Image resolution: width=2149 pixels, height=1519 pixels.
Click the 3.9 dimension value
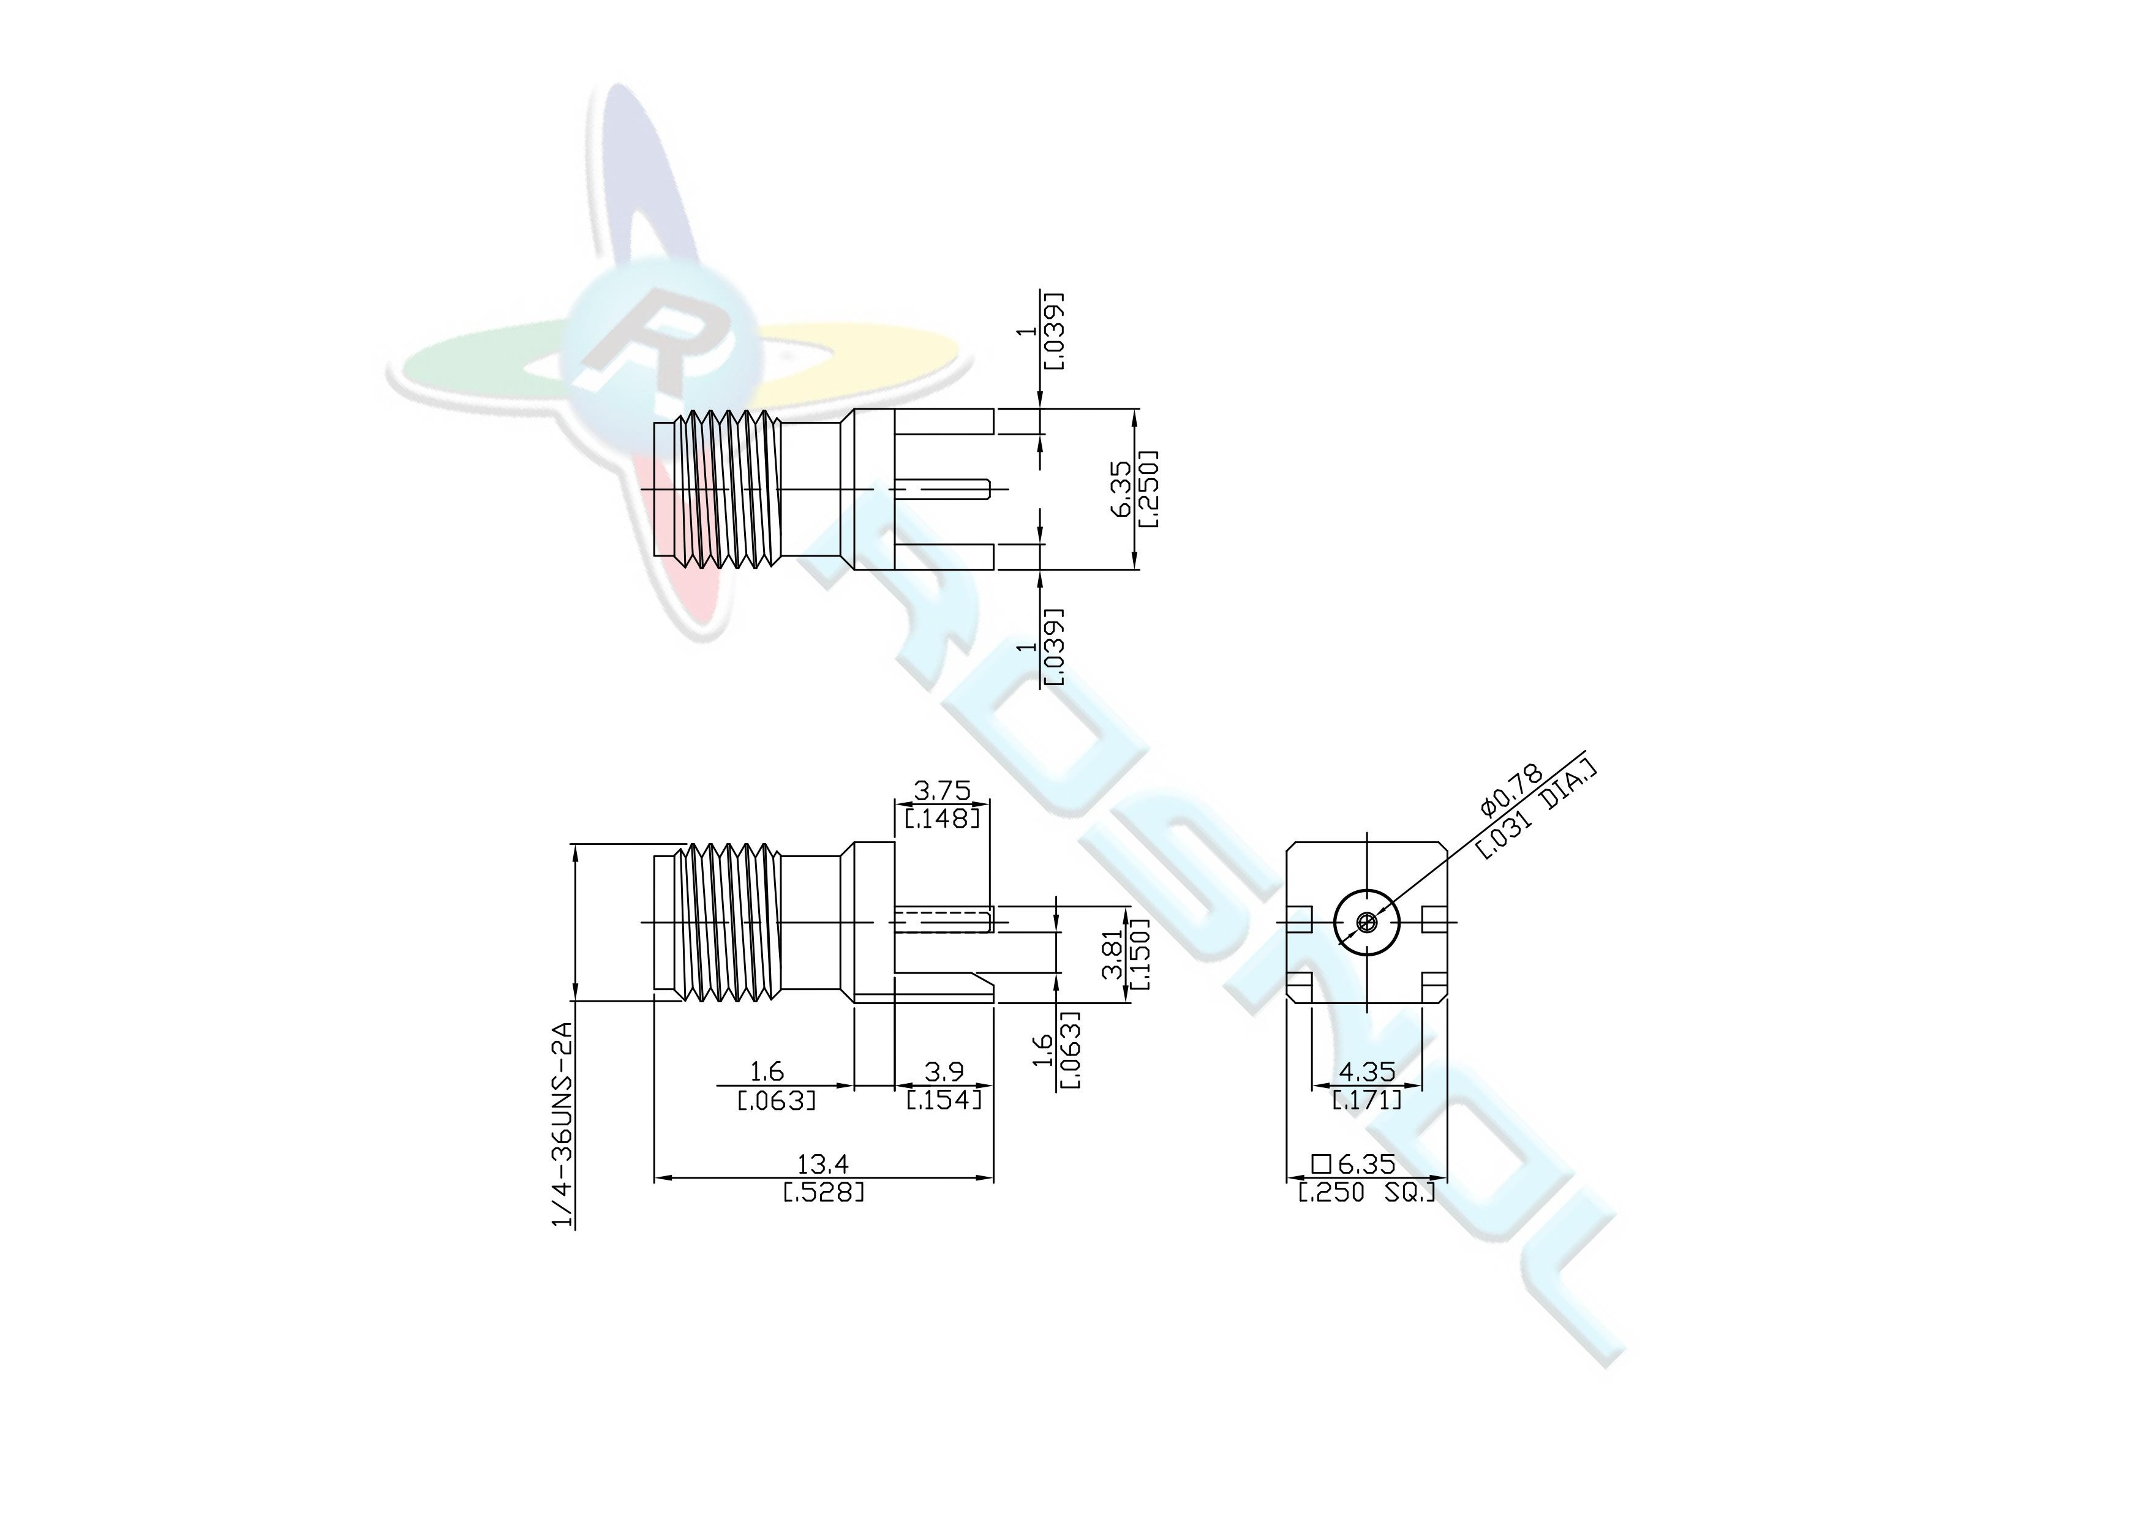coord(944,1071)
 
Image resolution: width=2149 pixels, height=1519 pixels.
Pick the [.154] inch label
coord(944,1100)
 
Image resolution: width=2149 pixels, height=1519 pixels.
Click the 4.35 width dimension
coord(1368,1071)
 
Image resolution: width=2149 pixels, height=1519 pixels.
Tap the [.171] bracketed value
coord(1368,1100)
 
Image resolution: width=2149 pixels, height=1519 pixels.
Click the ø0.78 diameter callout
coord(1509,791)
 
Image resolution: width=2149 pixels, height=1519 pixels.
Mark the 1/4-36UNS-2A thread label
coord(562,1123)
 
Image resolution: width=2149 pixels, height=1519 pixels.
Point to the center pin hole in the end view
coord(1368,922)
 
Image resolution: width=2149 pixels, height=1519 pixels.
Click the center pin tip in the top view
coord(988,489)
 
